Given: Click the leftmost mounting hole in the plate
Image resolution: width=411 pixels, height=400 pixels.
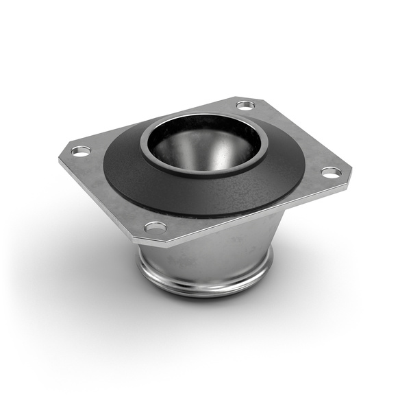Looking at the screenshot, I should coord(81,150).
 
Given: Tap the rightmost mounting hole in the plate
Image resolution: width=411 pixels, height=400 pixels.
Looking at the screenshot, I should coord(331,172).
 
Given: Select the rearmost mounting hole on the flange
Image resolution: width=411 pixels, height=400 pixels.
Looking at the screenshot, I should coord(245,105).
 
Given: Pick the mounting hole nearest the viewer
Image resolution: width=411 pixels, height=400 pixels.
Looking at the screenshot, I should coord(155,226).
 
